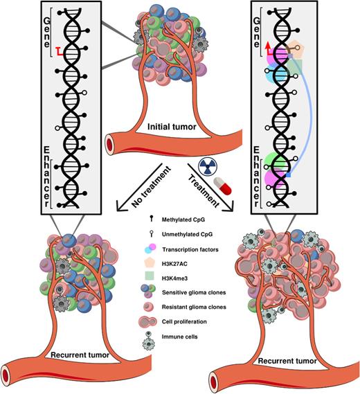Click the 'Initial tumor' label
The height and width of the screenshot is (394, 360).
[x=172, y=127]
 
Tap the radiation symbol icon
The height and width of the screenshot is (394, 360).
[x=208, y=166]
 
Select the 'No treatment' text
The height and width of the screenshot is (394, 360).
[x=151, y=186]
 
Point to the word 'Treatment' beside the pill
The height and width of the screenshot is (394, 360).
[x=204, y=191]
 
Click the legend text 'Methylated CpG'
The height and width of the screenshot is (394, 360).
[x=183, y=220]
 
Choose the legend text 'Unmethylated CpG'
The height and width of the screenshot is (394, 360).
[x=187, y=234]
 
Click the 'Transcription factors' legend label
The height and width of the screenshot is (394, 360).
[x=190, y=249]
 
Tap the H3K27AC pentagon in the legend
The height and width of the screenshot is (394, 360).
[x=151, y=263]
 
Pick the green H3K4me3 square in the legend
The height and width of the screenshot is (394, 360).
[x=151, y=277]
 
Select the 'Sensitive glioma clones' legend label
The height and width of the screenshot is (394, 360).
[x=194, y=292]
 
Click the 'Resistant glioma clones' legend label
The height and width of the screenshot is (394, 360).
[x=194, y=307]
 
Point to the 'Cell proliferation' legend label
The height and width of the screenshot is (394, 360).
[x=184, y=321]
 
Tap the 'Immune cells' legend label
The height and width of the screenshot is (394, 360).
[x=179, y=337]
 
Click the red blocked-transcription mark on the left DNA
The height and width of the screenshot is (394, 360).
[x=60, y=51]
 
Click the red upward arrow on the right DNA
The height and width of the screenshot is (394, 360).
[x=269, y=48]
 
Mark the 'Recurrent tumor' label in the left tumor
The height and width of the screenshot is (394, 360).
[x=80, y=355]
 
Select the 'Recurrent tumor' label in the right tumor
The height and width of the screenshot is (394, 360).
[x=287, y=361]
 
